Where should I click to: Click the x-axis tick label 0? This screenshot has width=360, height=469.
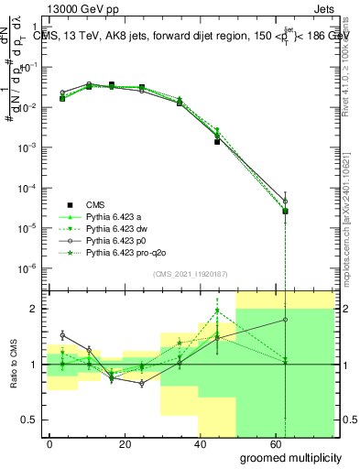click(50, 442)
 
